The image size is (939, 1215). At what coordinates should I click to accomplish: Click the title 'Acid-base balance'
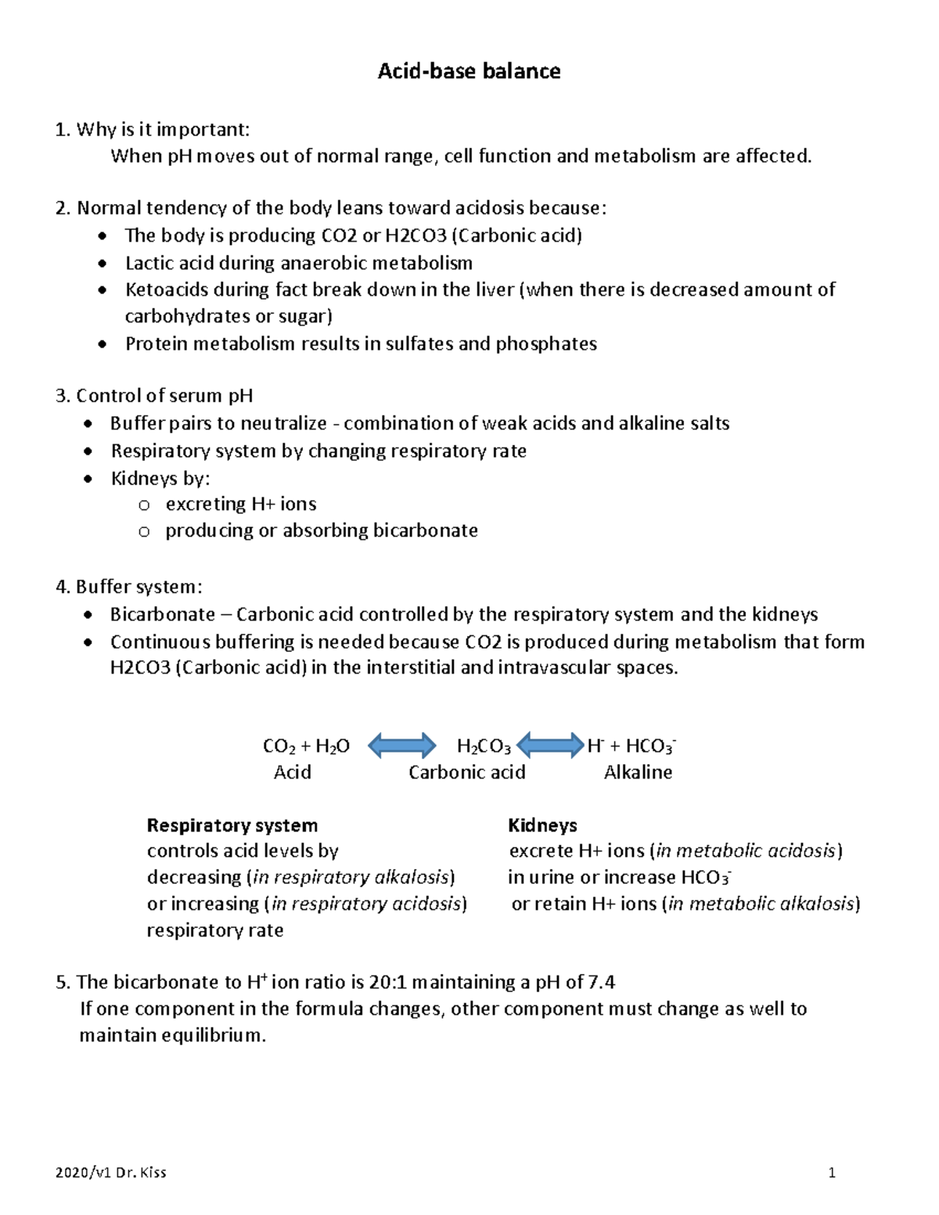click(x=469, y=72)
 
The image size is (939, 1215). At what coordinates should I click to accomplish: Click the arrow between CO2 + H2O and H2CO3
click(x=401, y=746)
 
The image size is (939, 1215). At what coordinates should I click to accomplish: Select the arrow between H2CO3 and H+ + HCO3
click(x=551, y=746)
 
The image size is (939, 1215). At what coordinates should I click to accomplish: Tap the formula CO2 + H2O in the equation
click(x=306, y=746)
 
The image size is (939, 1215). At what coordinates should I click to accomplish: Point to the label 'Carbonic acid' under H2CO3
click(x=467, y=773)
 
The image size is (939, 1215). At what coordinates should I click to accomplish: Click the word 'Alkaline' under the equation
click(x=638, y=773)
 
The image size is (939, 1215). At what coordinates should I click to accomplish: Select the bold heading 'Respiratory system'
click(x=232, y=825)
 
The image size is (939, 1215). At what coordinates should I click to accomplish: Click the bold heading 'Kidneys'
click(x=542, y=825)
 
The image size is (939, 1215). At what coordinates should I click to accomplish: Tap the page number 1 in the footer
click(x=833, y=1173)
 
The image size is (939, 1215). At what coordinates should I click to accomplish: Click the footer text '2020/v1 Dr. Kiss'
click(x=111, y=1173)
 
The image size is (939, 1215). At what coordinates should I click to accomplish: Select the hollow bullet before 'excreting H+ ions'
click(x=143, y=505)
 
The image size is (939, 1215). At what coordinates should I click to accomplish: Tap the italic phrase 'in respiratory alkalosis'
click(x=351, y=878)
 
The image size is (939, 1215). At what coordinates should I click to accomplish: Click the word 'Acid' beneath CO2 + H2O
click(x=292, y=773)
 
